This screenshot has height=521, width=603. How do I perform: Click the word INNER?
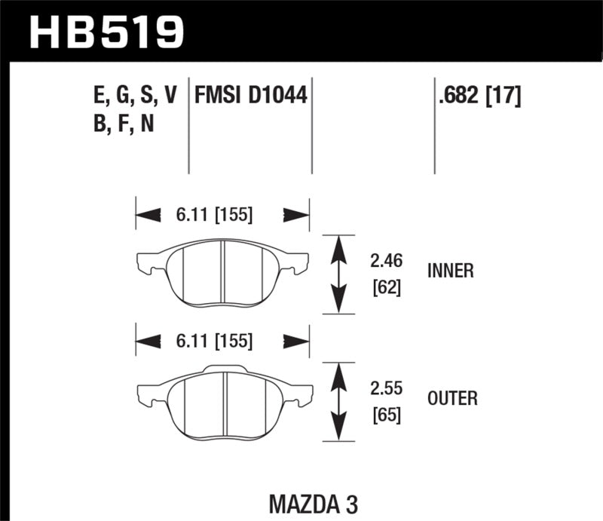(x=450, y=271)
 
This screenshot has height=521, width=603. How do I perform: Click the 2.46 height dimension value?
(x=387, y=261)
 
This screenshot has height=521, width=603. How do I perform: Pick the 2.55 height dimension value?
(x=387, y=389)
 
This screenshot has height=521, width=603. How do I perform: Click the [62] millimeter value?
(x=386, y=287)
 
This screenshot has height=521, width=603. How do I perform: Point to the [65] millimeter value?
(x=386, y=415)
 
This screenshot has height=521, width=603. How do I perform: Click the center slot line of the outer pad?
(x=226, y=400)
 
